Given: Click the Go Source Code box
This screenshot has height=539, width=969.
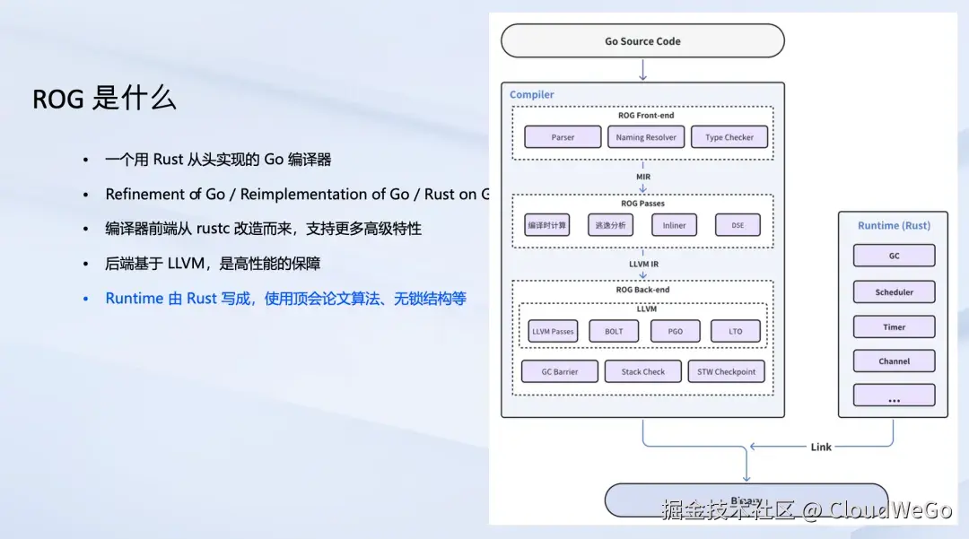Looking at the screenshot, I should click(x=642, y=41).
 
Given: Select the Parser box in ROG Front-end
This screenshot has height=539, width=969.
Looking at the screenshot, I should click(x=563, y=137).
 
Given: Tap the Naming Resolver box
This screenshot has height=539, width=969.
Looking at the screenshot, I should click(x=646, y=137).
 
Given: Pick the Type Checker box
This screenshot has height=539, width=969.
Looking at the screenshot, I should click(x=729, y=137).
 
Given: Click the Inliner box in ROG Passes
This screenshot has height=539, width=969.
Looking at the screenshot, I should click(x=674, y=225).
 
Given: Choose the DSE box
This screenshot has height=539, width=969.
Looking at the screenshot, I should click(x=737, y=225).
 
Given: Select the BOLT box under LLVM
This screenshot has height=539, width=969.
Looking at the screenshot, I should click(x=614, y=331).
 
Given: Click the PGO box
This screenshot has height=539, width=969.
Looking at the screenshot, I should click(x=675, y=331).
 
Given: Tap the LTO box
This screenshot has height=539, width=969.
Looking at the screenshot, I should click(x=736, y=331).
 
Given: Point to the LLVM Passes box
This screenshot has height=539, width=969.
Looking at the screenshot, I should click(x=553, y=331).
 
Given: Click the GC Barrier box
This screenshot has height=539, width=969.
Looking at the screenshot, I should click(x=559, y=371).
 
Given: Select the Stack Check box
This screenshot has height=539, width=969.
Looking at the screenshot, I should click(x=643, y=371).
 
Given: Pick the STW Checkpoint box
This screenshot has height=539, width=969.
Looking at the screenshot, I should click(x=727, y=371).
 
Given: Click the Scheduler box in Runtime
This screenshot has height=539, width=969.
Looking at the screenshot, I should click(x=894, y=291).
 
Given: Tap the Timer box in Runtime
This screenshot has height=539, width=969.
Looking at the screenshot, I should click(x=894, y=326).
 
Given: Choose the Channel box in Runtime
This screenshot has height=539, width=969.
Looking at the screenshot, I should click(x=894, y=361).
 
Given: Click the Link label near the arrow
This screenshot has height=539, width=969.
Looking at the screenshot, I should click(x=821, y=447).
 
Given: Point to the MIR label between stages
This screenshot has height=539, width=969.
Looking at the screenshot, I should click(x=643, y=177).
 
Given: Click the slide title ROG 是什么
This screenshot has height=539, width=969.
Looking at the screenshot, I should click(x=104, y=99).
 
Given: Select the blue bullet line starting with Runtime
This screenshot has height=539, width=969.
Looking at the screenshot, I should click(x=285, y=299).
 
